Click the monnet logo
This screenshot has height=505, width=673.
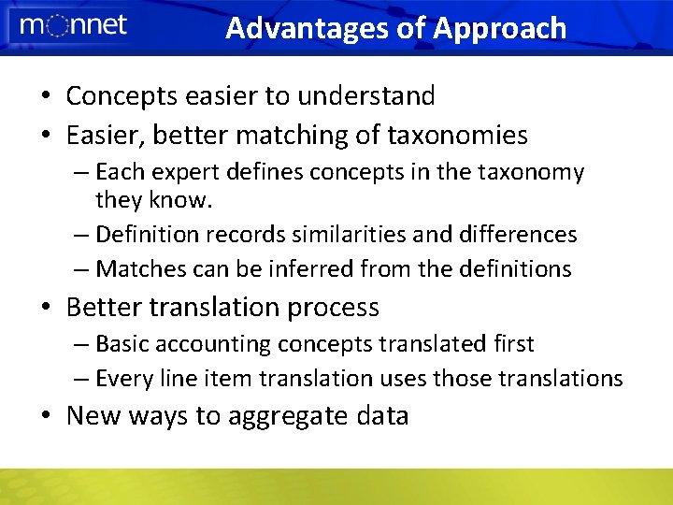tap(73, 26)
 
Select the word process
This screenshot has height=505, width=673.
tap(334, 308)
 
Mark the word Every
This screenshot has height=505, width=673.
tap(124, 378)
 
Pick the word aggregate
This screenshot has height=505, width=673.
tap(284, 416)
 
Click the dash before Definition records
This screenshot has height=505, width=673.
tap(80, 234)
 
